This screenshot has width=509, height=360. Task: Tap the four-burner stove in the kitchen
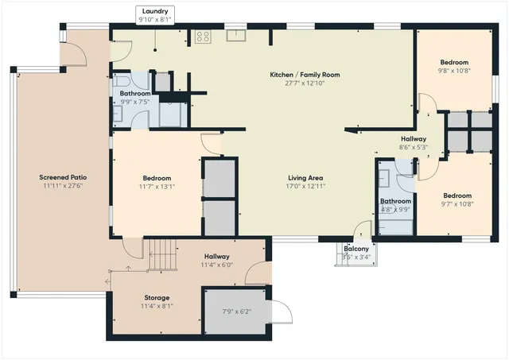coord(203,36)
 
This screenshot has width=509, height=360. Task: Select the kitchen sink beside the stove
coord(235,34)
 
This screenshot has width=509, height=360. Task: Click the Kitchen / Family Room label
coord(305,75)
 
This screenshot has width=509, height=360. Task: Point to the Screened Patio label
coord(63,177)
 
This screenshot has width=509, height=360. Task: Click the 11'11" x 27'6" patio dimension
coord(63,186)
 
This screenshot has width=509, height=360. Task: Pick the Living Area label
coord(305,178)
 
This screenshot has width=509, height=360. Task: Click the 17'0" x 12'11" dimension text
coord(305,187)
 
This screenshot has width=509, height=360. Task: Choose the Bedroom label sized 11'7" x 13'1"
coord(157,178)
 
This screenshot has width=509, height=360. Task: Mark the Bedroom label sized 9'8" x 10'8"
coord(455,62)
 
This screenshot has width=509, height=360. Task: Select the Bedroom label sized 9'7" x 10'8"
coord(457,195)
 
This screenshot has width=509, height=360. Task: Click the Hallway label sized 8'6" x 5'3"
coord(414,138)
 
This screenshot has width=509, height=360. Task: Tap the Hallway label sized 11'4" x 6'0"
coord(216,256)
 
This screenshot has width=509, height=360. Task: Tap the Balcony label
coord(356,248)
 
